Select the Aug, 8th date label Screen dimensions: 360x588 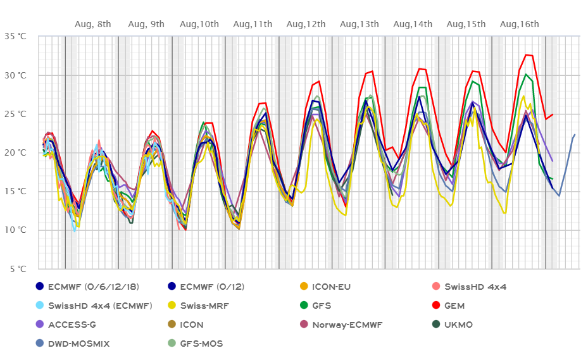(x=93, y=24)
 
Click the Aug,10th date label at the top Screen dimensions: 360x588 (x=199, y=24)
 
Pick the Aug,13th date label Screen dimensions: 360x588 (x=360, y=24)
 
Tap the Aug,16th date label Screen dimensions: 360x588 (x=520, y=24)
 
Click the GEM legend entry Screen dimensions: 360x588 (x=454, y=306)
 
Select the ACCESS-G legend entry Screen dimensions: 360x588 (x=72, y=325)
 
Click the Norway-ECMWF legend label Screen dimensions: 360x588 (x=347, y=325)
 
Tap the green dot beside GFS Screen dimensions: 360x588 (x=299, y=306)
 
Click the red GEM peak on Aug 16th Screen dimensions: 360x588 (x=526, y=54)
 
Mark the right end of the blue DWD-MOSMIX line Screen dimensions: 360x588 (x=575, y=134)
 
